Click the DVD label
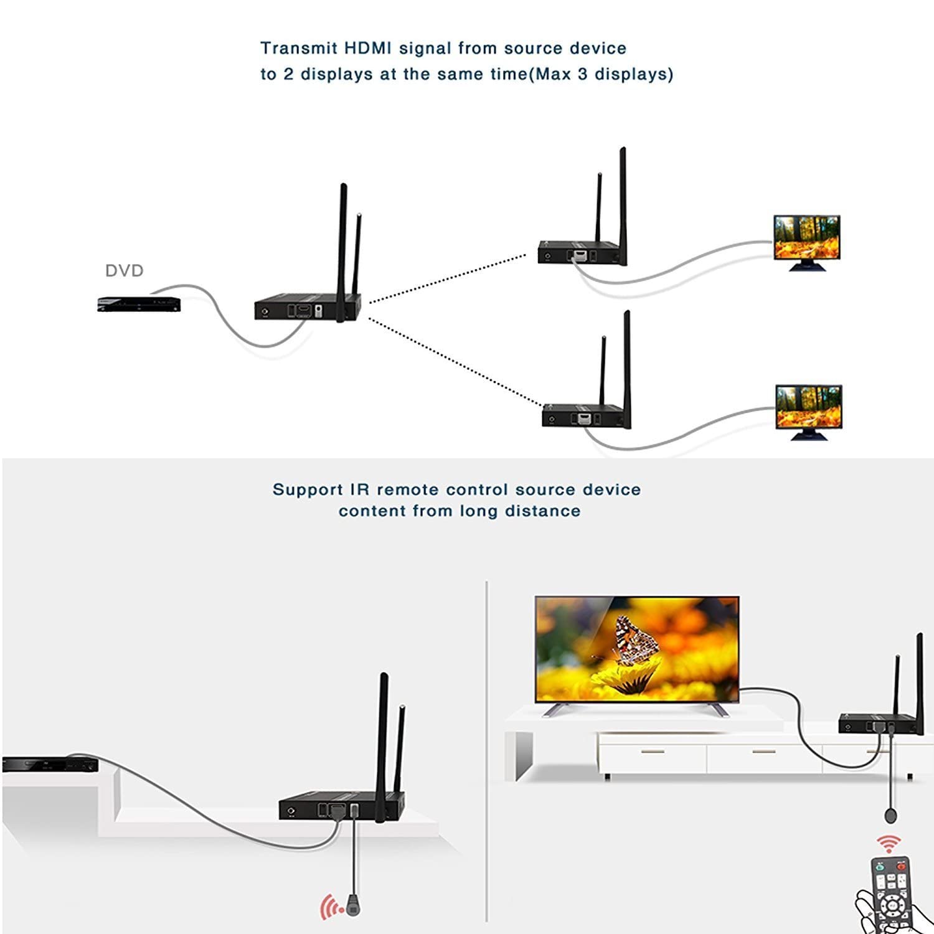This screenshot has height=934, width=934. tap(124, 271)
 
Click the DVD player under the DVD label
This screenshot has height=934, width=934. tap(139, 304)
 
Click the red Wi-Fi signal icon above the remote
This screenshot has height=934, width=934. tap(889, 844)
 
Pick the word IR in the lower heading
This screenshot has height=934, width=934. tap(360, 490)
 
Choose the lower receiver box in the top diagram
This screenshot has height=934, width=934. tap(585, 415)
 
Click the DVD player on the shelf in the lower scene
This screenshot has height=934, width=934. tap(50, 763)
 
